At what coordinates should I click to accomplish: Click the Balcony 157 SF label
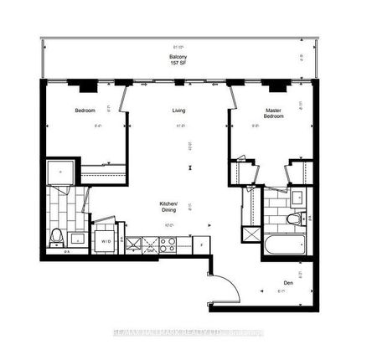[178, 61]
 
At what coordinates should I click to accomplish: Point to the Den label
[289, 282]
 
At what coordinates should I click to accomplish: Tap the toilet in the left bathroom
[57, 235]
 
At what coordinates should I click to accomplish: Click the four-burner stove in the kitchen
[167, 245]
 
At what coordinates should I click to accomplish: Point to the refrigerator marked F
[202, 244]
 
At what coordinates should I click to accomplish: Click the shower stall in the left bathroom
[62, 173]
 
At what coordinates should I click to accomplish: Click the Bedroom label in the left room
[85, 111]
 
